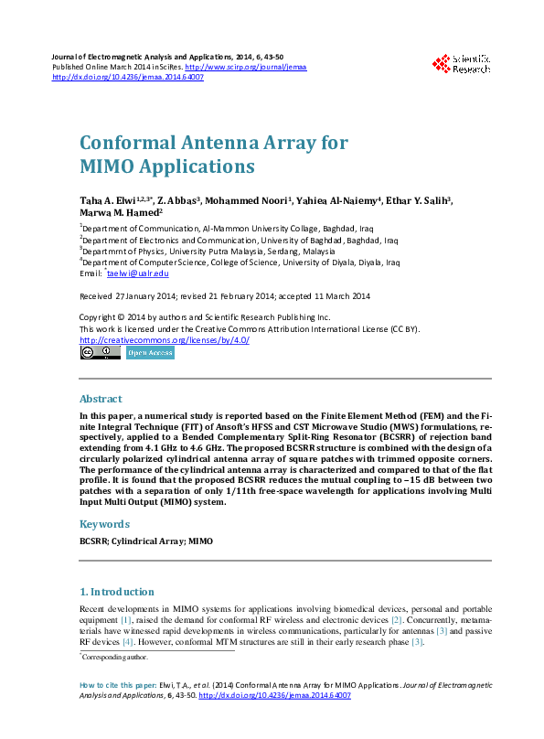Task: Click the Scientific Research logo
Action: tap(462, 63)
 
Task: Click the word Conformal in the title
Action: tap(127, 144)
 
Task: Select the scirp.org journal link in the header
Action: tap(246, 68)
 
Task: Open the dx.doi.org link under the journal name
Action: tap(128, 78)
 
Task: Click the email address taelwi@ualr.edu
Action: tap(138, 273)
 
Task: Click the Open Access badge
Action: tap(150, 352)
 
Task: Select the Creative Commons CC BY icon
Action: tap(100, 352)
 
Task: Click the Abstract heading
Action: tap(101, 400)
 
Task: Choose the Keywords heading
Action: tap(104, 524)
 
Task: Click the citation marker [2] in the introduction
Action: tap(397, 619)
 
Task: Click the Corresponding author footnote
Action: tap(115, 657)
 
